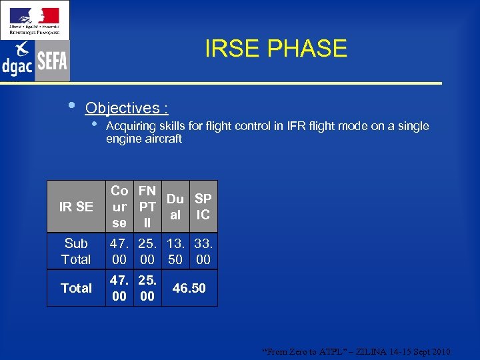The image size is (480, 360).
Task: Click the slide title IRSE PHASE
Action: click(275, 49)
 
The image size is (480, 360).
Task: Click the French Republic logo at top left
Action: click(35, 19)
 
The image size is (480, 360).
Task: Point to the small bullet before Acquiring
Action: click(95, 125)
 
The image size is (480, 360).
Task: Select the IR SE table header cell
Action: click(76, 207)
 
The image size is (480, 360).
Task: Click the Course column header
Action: click(120, 207)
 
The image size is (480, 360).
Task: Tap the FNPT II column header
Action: click(147, 207)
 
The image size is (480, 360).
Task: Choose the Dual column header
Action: click(175, 207)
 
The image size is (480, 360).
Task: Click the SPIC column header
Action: click(203, 207)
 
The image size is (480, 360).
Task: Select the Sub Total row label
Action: click(76, 251)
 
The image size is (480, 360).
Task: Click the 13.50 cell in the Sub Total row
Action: click(175, 251)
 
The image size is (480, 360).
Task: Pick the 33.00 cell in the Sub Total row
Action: click(203, 251)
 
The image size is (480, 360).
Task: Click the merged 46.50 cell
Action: click(189, 288)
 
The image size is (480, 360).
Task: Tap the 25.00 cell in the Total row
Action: click(147, 288)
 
